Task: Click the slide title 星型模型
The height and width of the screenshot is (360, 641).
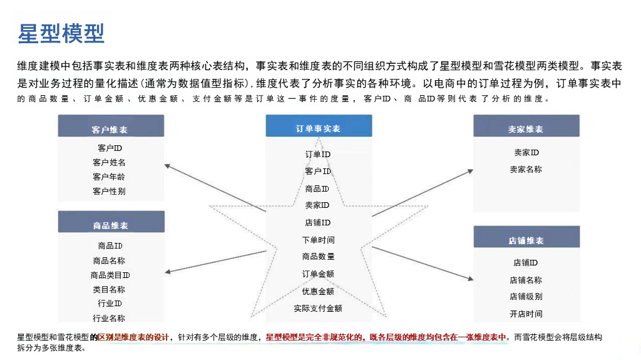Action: click(61, 33)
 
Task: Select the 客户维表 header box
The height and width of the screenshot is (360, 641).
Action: click(111, 129)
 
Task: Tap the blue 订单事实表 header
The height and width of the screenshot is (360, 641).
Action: click(318, 128)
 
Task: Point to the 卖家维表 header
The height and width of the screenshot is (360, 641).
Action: click(526, 129)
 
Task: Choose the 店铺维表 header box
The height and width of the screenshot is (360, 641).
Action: click(526, 240)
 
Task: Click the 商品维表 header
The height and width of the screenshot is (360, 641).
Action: click(111, 225)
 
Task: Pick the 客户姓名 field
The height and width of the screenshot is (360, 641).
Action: click(109, 162)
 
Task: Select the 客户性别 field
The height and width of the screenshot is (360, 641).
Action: click(109, 191)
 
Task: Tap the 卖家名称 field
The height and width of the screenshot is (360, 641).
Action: click(526, 169)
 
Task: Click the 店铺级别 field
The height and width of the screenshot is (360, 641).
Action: click(526, 297)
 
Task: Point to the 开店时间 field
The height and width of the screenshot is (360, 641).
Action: click(526, 314)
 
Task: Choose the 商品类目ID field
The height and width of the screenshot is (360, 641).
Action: click(110, 275)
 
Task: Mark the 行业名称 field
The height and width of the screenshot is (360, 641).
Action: click(109, 318)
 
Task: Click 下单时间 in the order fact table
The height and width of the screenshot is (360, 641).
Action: click(318, 240)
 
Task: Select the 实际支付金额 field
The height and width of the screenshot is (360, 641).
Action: click(318, 308)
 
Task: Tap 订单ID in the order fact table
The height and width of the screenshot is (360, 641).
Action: click(318, 154)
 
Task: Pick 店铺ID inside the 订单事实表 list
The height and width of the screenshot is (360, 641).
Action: click(318, 222)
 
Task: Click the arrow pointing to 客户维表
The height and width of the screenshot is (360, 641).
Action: click(213, 187)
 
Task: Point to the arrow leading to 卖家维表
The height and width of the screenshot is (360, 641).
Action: click(423, 193)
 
